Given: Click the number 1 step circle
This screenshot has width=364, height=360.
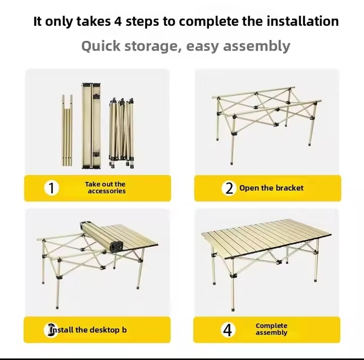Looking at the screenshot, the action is click(x=52, y=188).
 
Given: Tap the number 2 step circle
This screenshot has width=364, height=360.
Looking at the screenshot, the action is click(x=229, y=188).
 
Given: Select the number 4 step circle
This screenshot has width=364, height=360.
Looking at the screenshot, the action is click(x=227, y=330).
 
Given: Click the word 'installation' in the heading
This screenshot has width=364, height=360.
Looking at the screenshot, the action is click(x=302, y=21).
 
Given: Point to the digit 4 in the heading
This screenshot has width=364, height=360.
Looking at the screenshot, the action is click(x=118, y=21).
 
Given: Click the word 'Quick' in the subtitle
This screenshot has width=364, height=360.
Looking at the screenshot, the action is click(x=101, y=46).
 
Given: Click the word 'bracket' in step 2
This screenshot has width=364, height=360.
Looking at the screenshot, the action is click(x=290, y=188).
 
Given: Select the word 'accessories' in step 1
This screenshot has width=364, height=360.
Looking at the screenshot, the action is click(x=107, y=191).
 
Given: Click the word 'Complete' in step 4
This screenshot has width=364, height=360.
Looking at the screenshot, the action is click(x=271, y=326).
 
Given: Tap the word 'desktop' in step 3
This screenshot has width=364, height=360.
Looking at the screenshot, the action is click(x=105, y=330).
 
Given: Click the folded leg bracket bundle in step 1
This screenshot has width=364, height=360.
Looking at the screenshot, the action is click(x=121, y=133).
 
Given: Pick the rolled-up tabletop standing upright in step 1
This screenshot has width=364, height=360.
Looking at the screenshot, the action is click(x=91, y=125).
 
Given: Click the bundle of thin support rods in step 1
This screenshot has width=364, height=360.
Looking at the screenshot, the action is click(x=67, y=130).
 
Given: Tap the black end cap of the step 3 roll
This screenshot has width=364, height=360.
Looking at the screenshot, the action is click(x=117, y=247).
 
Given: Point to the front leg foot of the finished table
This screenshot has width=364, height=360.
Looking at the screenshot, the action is click(x=233, y=309).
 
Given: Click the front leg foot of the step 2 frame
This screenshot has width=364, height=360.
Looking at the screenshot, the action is click(x=232, y=163).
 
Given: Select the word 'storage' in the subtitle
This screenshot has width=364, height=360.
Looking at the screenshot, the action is click(x=153, y=46).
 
